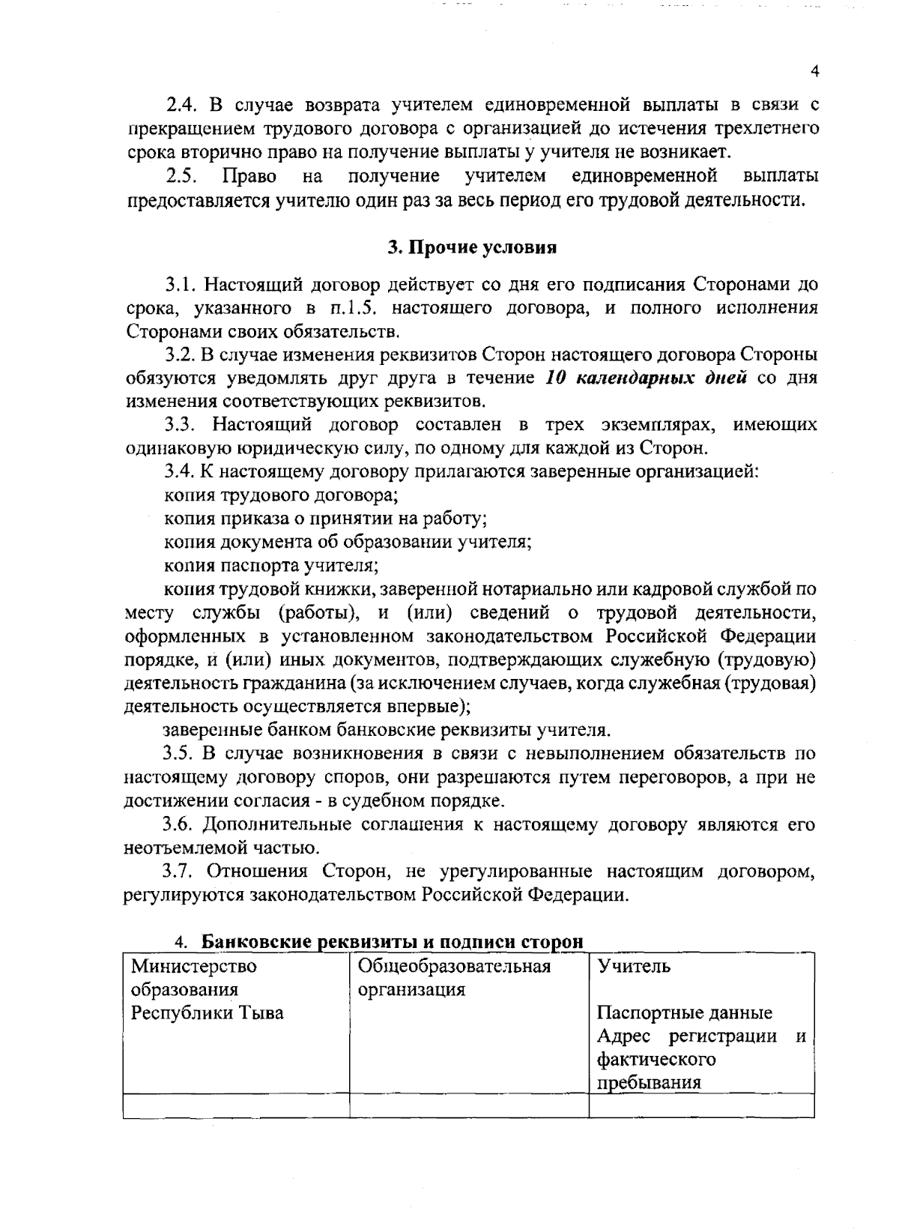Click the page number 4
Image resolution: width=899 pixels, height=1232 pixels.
pos(815,71)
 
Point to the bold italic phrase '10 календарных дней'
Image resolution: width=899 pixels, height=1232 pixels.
pos(647,378)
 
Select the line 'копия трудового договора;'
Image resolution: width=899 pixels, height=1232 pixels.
pos(281,495)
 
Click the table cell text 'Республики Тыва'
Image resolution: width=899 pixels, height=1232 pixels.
pos(208,1013)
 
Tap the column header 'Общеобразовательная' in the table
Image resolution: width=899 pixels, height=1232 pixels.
pos(455,966)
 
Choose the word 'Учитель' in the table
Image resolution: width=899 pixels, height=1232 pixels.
pos(634,966)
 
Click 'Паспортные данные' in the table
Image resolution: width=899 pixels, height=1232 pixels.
pos(685,1013)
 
